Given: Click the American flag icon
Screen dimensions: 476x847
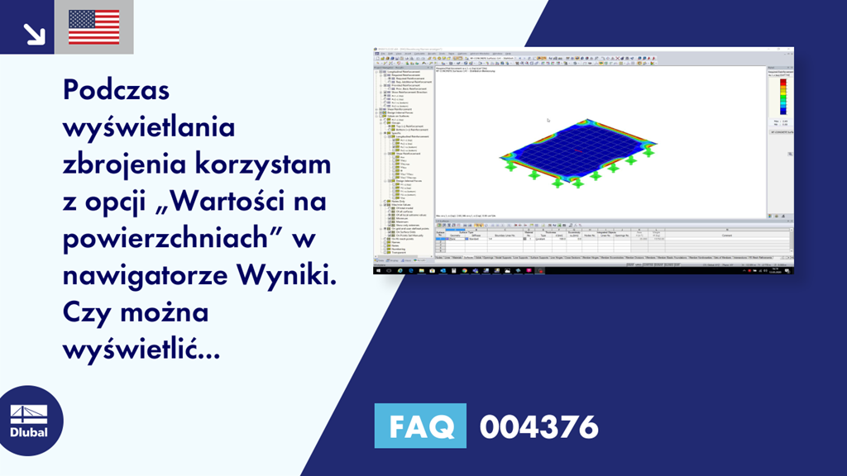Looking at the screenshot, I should (93, 27).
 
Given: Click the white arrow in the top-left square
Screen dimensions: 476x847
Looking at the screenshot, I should (34, 32).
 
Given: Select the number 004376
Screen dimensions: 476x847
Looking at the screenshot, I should (538, 427).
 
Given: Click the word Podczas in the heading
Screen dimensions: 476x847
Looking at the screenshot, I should (116, 90).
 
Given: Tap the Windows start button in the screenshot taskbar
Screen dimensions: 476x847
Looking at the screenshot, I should (377, 270).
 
